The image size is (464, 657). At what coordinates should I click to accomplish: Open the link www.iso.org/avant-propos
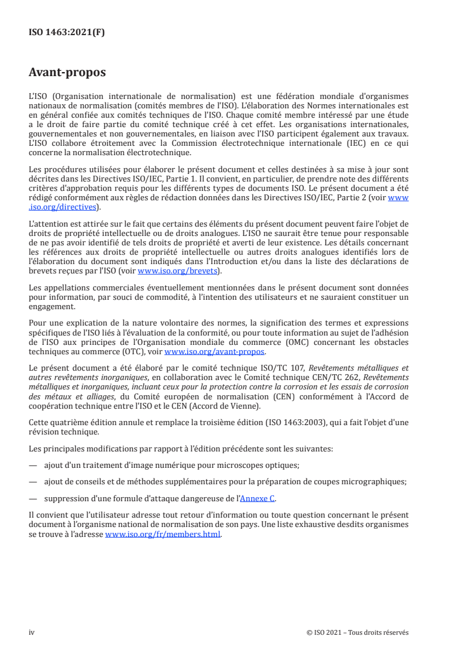[x=215, y=351]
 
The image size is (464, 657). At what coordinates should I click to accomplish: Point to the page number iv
[x=32, y=632]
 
